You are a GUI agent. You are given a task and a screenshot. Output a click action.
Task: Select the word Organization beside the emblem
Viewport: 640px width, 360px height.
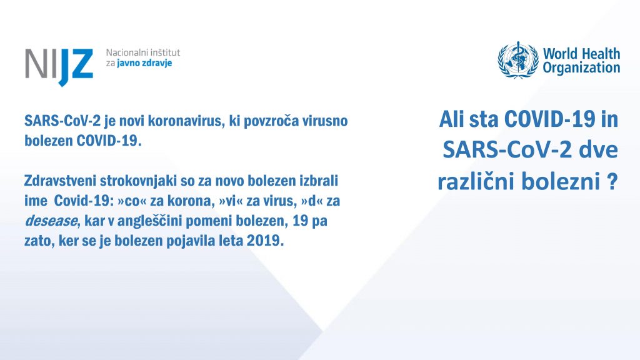point(581,67)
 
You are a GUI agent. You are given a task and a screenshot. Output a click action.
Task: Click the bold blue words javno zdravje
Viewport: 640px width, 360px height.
point(144,63)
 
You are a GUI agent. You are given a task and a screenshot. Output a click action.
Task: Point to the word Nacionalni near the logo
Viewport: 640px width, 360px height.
point(122,52)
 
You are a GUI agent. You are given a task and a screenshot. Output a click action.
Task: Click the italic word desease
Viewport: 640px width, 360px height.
point(51,221)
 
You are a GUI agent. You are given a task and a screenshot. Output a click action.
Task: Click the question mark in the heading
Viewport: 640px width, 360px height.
point(611,181)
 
